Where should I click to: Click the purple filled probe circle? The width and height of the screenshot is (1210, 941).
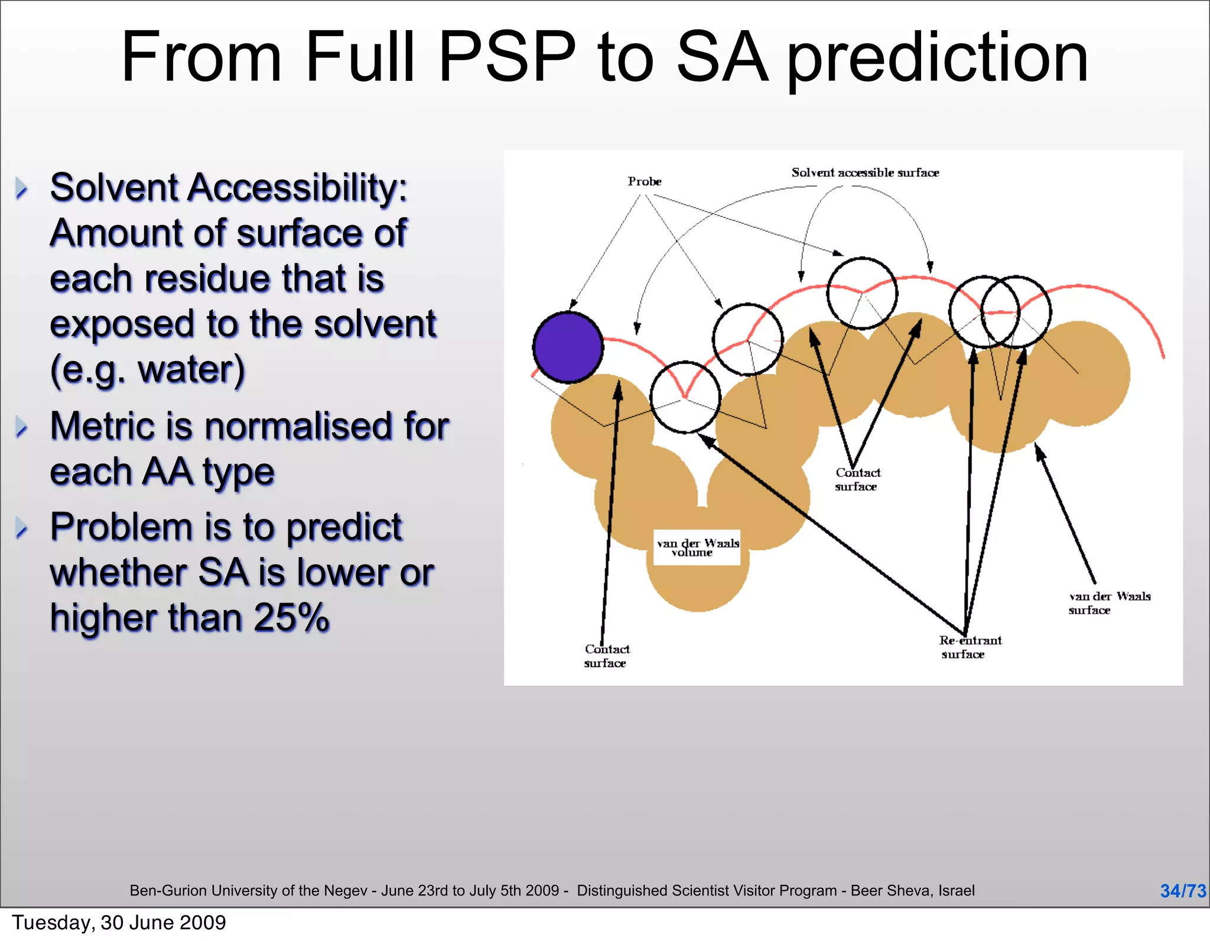point(568,347)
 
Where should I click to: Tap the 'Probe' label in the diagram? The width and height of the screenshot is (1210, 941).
point(644,181)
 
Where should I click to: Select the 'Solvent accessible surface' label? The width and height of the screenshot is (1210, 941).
point(865,172)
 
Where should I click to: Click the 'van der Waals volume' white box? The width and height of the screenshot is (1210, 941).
point(697,548)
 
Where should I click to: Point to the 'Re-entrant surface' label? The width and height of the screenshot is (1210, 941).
point(970,647)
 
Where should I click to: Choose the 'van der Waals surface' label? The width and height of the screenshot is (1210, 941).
point(1109,603)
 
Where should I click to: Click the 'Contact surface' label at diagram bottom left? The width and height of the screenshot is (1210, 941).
point(607,656)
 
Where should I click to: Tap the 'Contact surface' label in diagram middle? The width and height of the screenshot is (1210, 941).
point(857,480)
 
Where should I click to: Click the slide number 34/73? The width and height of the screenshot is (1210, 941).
point(1182,891)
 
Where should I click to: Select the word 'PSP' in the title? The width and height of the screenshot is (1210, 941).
point(507,57)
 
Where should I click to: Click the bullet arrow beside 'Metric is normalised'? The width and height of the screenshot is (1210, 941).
point(22,426)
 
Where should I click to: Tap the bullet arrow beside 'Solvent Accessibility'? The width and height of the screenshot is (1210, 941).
point(22,188)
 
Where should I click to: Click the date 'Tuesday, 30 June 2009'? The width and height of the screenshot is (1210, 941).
point(119,923)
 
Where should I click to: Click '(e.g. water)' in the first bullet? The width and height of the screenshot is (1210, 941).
point(147,370)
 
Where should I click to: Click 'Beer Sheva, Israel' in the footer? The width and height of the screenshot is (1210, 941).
point(912,891)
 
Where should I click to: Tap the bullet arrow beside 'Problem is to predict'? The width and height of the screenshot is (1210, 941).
point(22,528)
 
